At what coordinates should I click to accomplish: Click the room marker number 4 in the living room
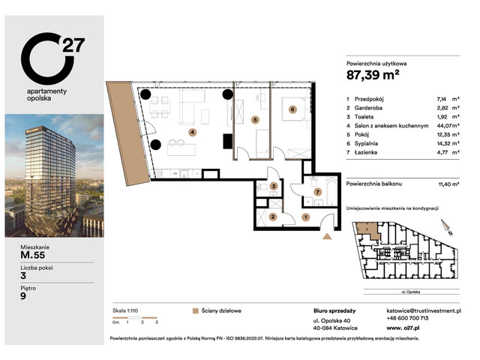point(192,133)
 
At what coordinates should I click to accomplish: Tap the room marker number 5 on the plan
point(255,118)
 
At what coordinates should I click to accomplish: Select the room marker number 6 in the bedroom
point(292,109)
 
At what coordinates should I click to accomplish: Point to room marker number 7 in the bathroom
point(318,193)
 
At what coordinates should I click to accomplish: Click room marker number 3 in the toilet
point(274,187)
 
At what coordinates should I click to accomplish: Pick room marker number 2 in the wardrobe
point(274,217)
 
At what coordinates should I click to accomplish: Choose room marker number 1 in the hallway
point(306,217)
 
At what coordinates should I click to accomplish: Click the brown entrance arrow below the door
point(327,237)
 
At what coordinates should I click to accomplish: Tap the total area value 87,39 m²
point(373,74)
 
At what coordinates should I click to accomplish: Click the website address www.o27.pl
point(407,328)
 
